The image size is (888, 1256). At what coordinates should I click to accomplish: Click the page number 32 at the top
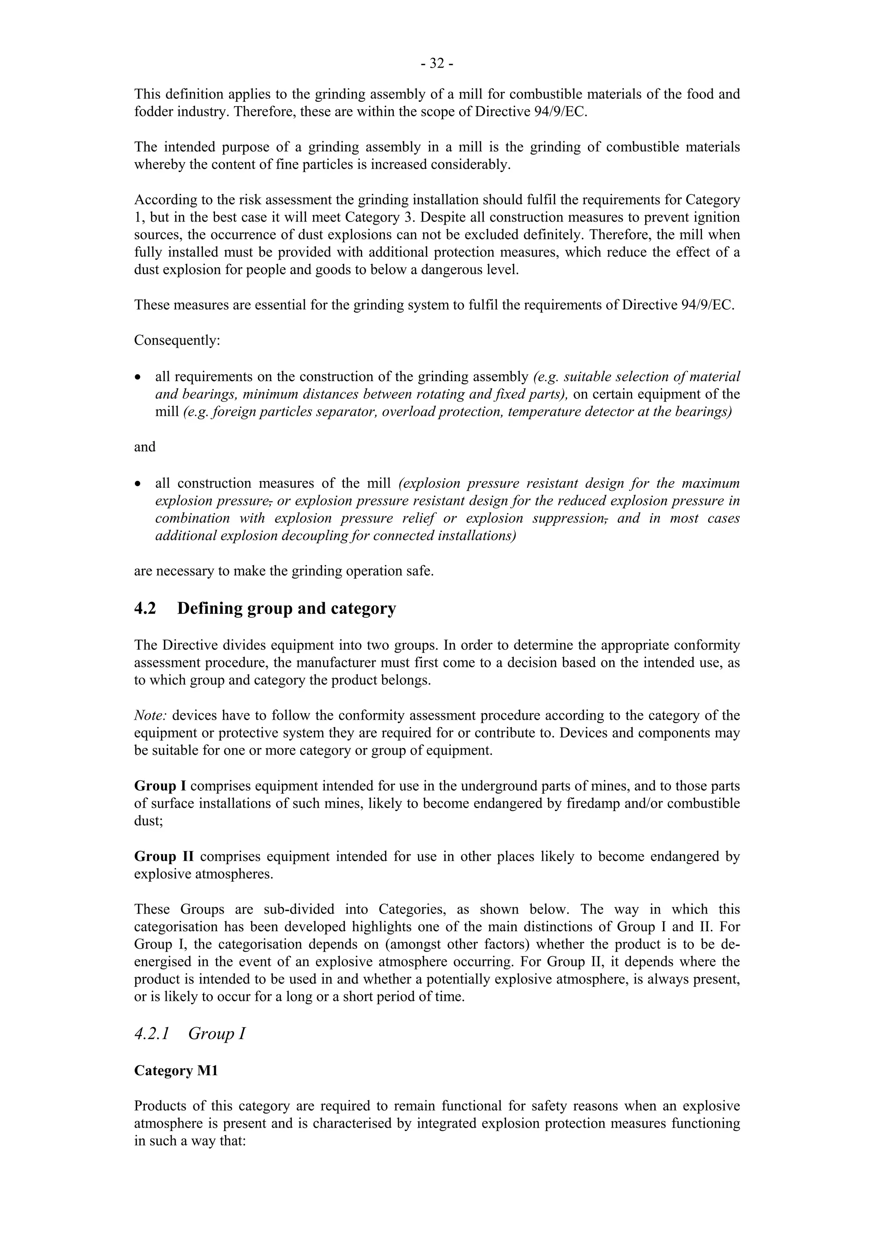(x=437, y=64)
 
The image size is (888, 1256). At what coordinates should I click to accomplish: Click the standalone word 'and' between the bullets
(x=145, y=447)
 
